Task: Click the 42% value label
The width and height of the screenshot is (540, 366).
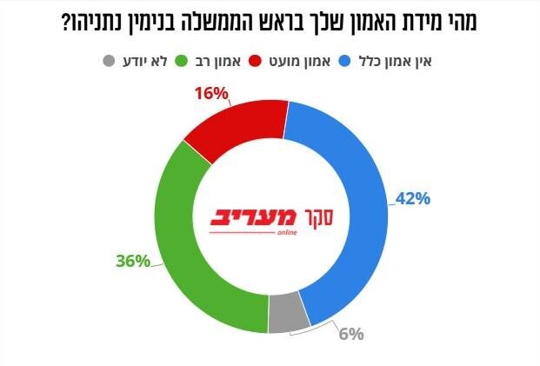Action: pos(412,199)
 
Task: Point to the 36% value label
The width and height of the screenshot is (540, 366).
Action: pos(133,260)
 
